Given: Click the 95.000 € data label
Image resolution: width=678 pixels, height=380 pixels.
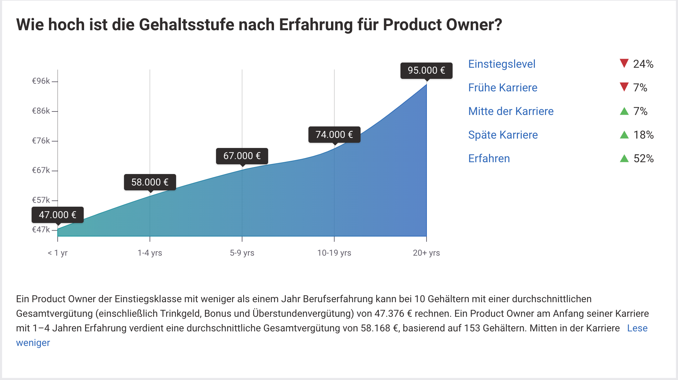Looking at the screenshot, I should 426,71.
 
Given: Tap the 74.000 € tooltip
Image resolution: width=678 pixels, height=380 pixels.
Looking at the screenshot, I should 334,135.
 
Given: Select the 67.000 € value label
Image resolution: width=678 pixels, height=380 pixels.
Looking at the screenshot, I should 242,156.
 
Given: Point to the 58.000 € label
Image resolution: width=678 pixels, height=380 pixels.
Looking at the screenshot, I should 150,182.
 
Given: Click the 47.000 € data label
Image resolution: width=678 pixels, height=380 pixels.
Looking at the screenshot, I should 58,215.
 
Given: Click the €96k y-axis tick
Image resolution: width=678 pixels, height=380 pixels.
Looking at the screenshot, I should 41,81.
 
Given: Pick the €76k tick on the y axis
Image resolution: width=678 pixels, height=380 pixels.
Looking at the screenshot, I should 41,141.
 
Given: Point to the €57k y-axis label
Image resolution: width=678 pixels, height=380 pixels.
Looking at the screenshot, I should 41,200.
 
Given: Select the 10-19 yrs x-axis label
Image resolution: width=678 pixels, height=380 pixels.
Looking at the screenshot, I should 334,253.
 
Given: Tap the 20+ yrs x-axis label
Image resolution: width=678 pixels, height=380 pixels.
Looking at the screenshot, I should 426,253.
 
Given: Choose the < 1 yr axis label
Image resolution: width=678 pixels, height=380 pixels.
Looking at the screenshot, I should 58,253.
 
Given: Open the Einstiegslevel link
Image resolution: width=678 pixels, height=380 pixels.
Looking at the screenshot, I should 502,64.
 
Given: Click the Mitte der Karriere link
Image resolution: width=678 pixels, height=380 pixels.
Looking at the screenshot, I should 511,111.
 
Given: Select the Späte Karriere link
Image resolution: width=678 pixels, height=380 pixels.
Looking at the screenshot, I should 503,135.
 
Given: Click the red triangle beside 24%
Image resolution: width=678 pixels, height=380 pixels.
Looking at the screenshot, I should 624,63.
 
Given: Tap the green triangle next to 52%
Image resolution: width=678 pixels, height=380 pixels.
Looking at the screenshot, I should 624,159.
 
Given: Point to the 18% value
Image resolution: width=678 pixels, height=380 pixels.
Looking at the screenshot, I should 643,135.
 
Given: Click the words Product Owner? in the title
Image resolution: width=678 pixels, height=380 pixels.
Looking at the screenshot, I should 442,25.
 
